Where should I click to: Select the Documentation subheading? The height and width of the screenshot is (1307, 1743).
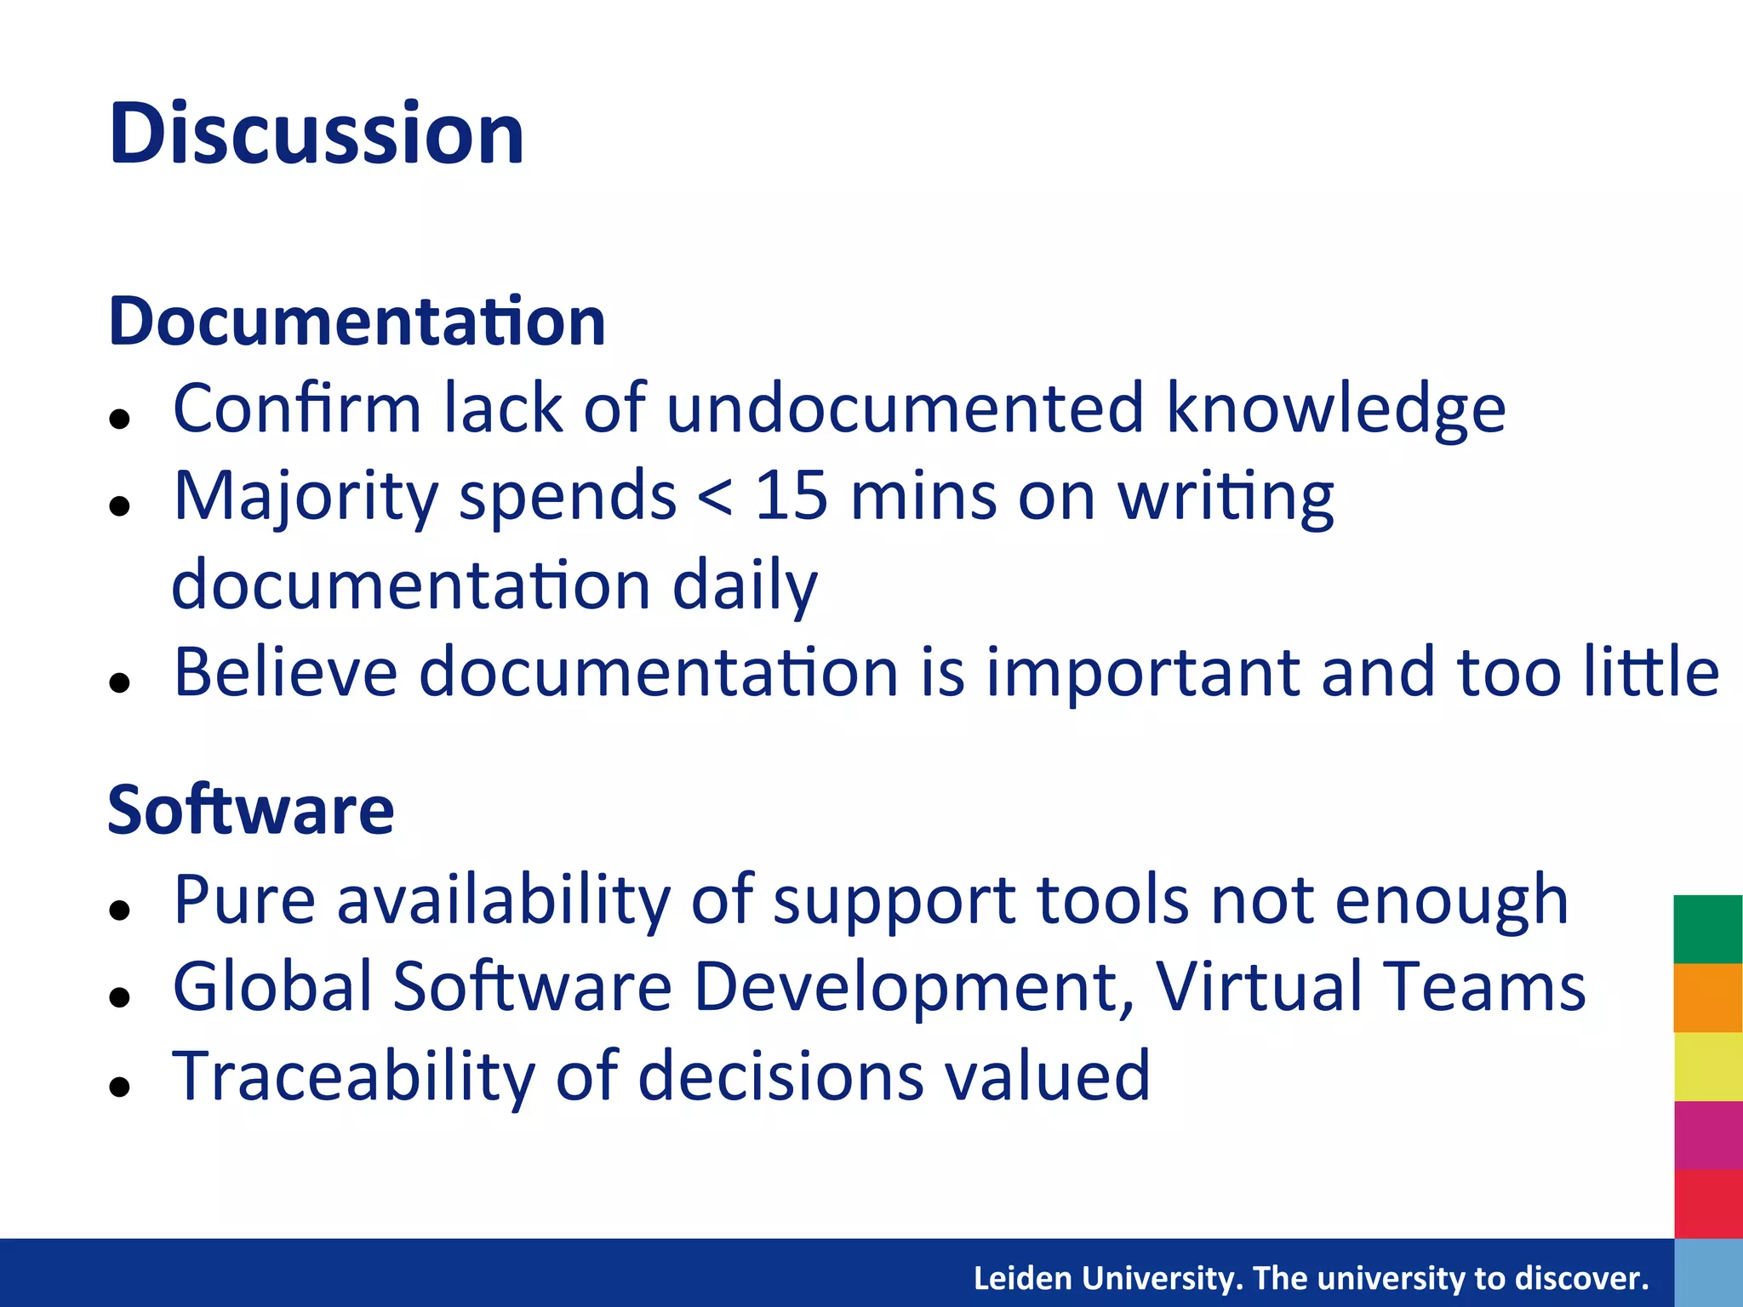pyautogui.click(x=357, y=322)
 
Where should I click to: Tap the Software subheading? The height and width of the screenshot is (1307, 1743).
pyautogui.click(x=250, y=810)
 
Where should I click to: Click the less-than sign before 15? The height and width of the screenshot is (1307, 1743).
pyautogui.click(x=713, y=498)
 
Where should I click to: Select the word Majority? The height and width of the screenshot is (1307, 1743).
pyautogui.click(x=306, y=499)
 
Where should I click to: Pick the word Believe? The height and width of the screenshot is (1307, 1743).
pyautogui.click(x=285, y=672)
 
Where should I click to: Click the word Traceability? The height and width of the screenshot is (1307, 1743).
pyautogui.click(x=353, y=1076)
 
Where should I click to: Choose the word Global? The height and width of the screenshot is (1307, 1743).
pyautogui.click(x=272, y=987)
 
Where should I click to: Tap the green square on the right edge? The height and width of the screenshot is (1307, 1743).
pyautogui.click(x=1707, y=929)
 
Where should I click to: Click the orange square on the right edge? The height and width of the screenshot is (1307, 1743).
pyautogui.click(x=1707, y=997)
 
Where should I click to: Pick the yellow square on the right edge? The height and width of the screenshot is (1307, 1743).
pyautogui.click(x=1707, y=1066)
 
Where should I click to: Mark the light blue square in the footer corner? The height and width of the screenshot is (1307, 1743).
pyautogui.click(x=1707, y=1273)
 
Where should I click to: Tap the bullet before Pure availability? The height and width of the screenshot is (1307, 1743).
pyautogui.click(x=120, y=910)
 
